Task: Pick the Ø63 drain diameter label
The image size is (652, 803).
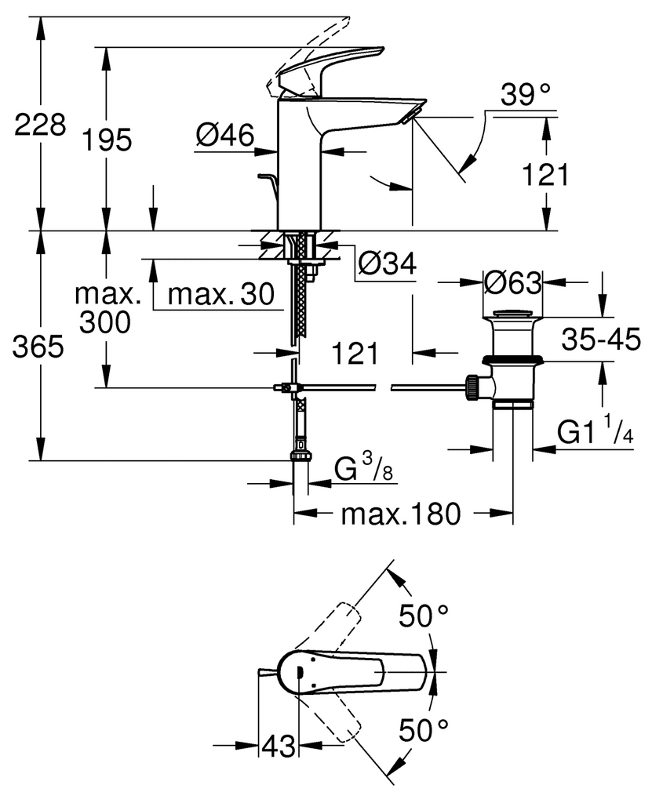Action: (x=512, y=282)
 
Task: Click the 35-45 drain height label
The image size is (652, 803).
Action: (x=602, y=339)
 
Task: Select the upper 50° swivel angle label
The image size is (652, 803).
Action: (x=424, y=616)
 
